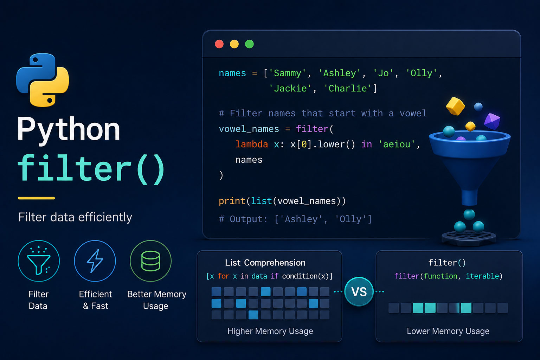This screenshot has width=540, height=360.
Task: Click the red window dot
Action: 219,44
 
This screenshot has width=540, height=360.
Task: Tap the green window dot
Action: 249,44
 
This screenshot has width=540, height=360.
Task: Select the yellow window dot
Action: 234,44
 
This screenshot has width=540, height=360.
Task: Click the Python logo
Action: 43,80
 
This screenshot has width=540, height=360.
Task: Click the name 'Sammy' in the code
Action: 287,73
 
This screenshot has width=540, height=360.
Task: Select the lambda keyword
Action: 252,144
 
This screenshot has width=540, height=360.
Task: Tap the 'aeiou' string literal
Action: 397,144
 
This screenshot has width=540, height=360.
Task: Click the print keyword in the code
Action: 232,201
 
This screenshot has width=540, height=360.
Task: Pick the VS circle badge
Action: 359,291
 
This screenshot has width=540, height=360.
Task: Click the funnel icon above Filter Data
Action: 39,261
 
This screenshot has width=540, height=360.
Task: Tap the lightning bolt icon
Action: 95,261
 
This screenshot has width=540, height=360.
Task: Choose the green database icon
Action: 151,261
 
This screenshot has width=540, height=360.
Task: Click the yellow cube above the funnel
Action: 455,106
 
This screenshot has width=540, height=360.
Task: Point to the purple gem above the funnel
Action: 492,121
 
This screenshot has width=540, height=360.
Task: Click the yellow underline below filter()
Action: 37,198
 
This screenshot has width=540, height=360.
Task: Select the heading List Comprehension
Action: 265,263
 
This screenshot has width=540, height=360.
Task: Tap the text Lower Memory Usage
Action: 448,331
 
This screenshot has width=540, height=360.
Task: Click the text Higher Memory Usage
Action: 270,331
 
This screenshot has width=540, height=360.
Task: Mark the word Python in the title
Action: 69,130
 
